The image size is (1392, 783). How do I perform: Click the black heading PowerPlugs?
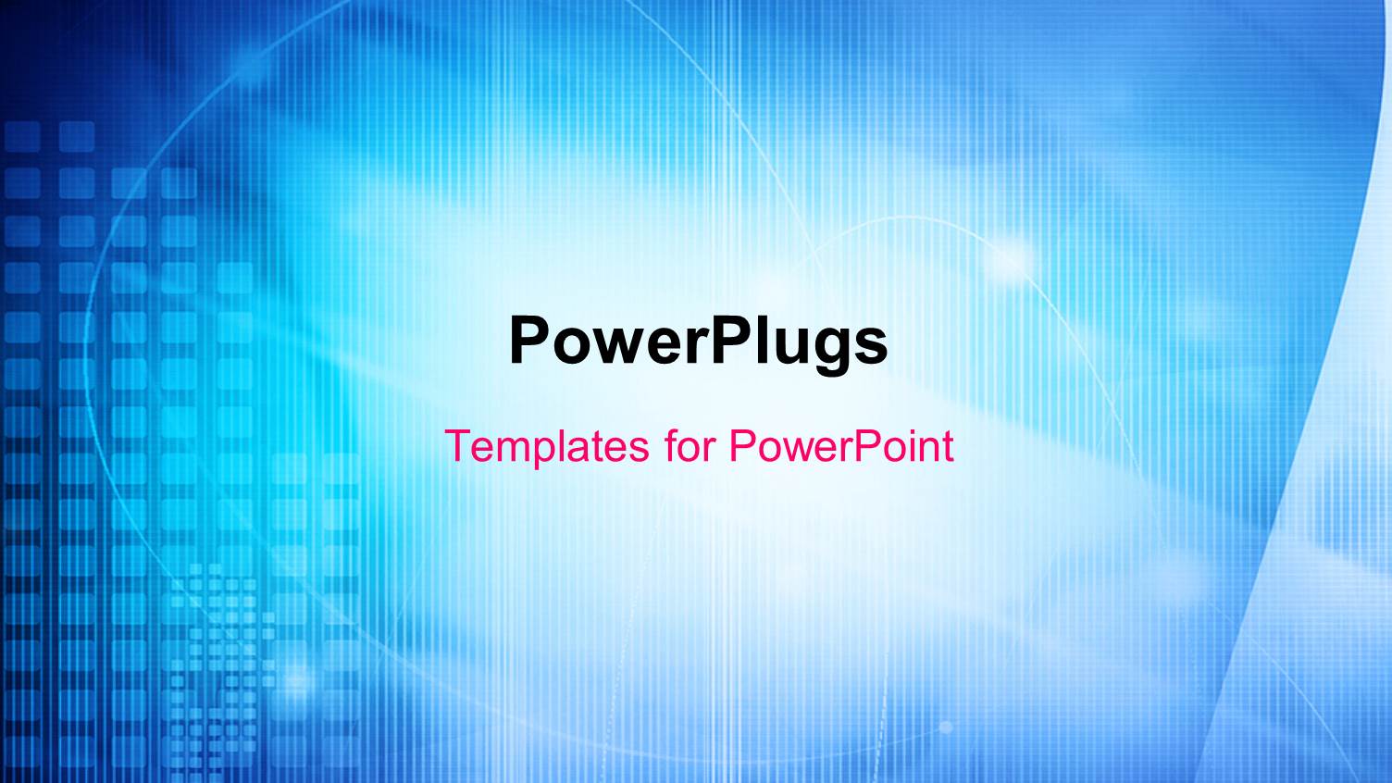click(698, 342)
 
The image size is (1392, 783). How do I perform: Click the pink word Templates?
click(547, 447)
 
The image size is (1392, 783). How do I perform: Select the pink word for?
click(690, 445)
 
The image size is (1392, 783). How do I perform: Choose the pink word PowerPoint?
click(840, 445)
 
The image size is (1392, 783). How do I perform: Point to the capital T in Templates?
click(458, 445)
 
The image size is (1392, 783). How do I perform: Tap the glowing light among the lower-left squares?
click(295, 680)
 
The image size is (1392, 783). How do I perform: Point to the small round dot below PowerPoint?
click(945, 727)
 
